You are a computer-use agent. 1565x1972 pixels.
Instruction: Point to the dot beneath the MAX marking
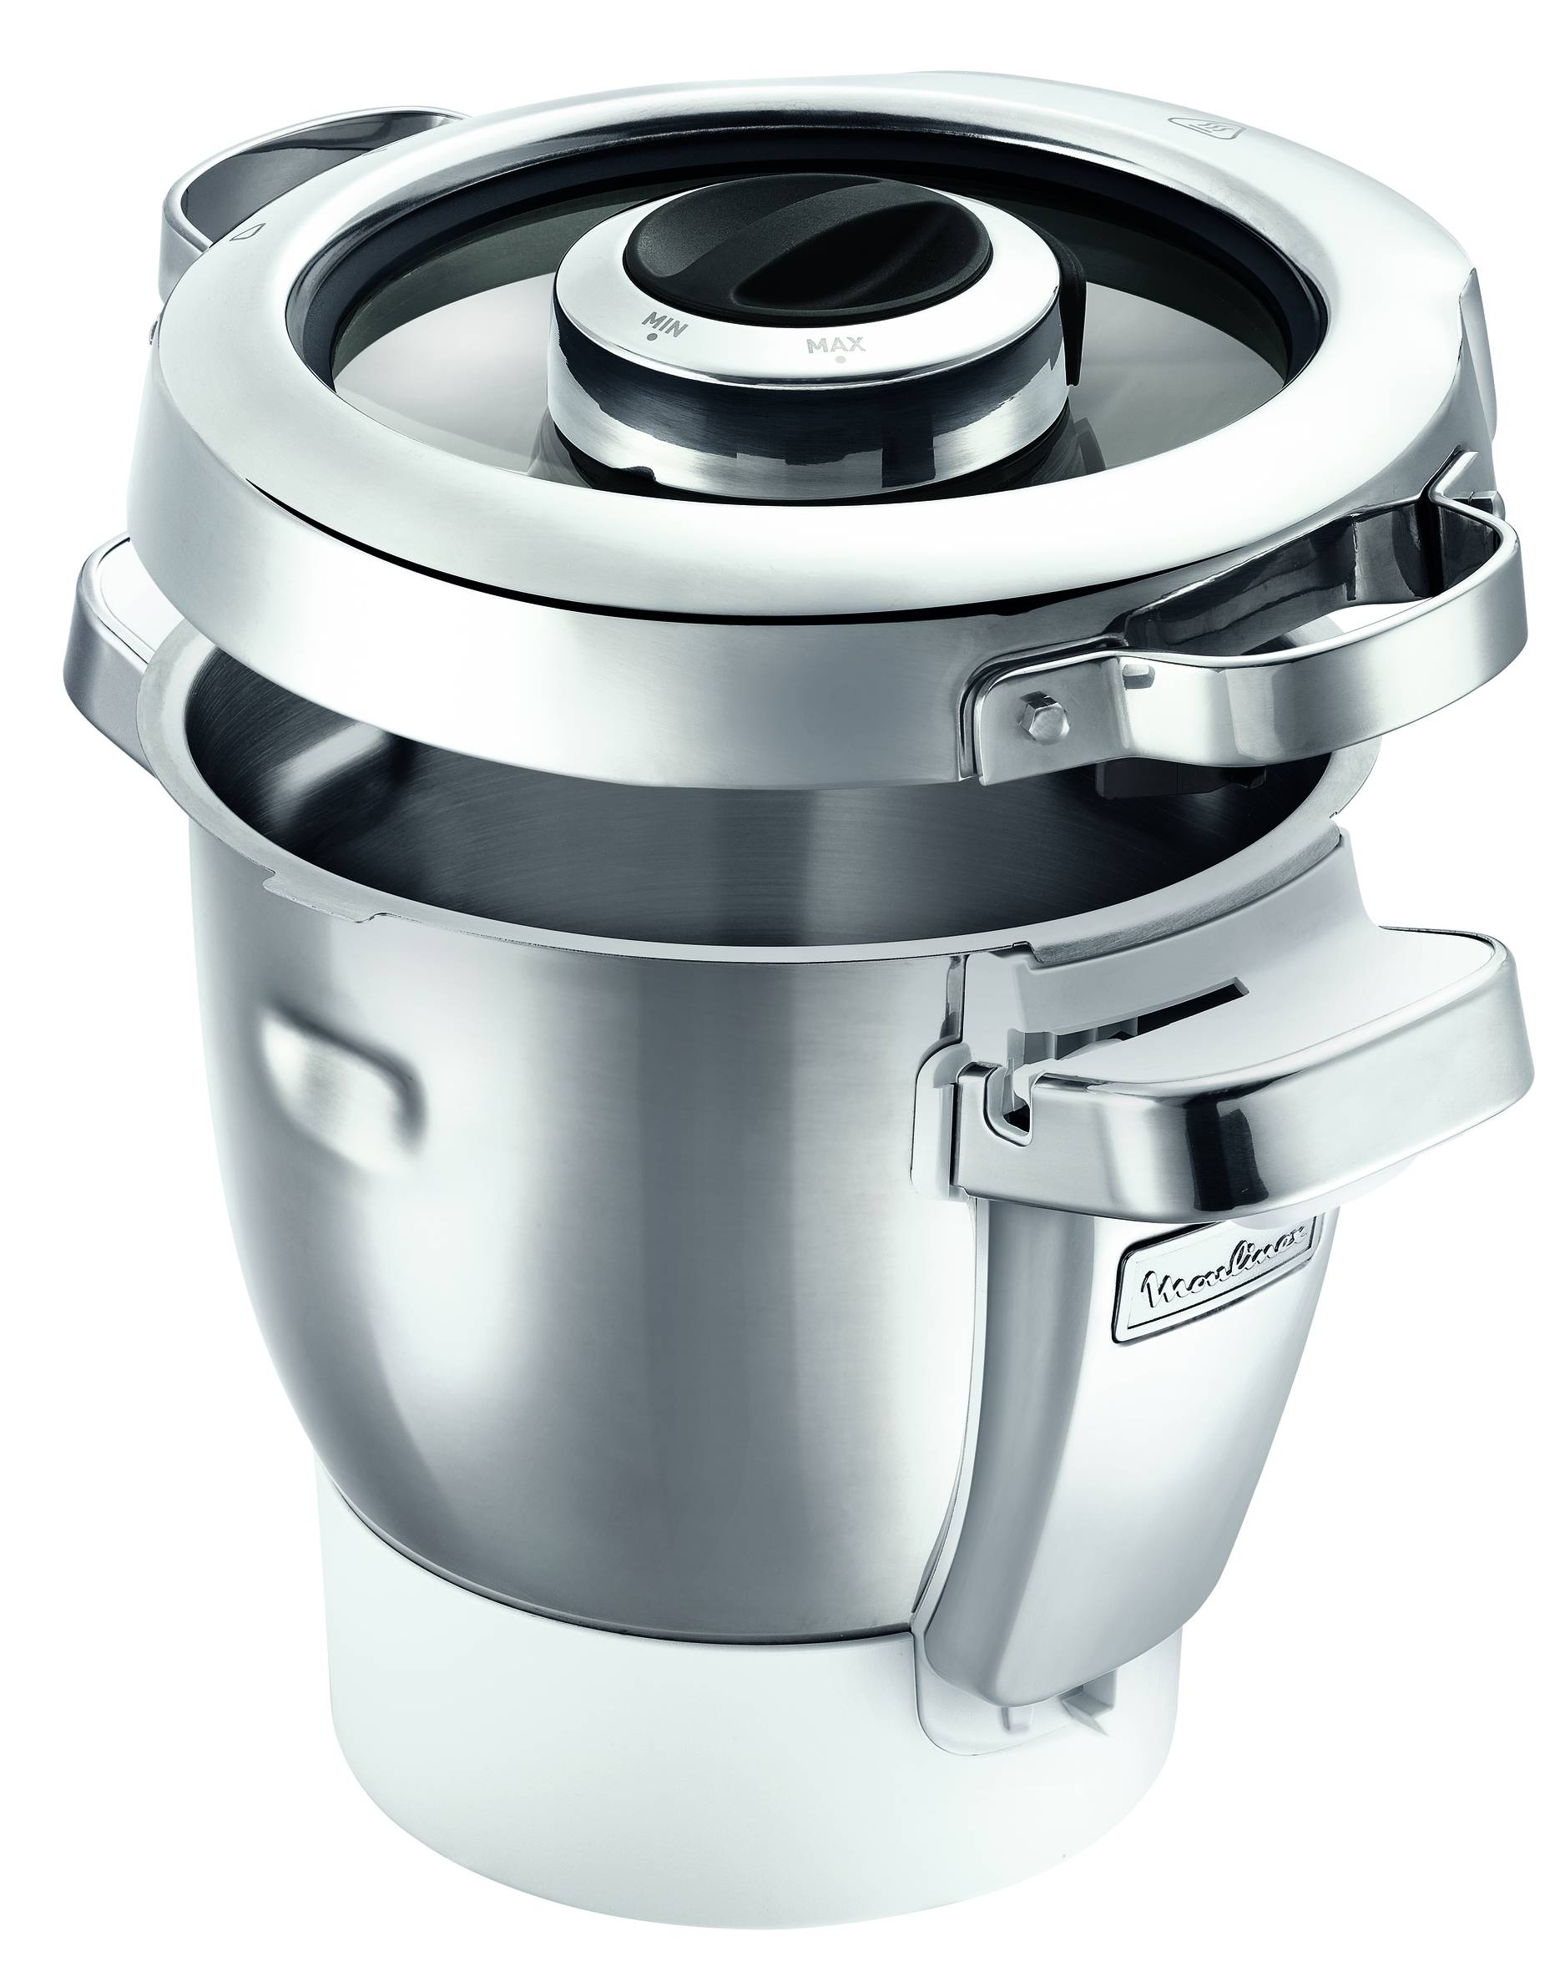838,360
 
